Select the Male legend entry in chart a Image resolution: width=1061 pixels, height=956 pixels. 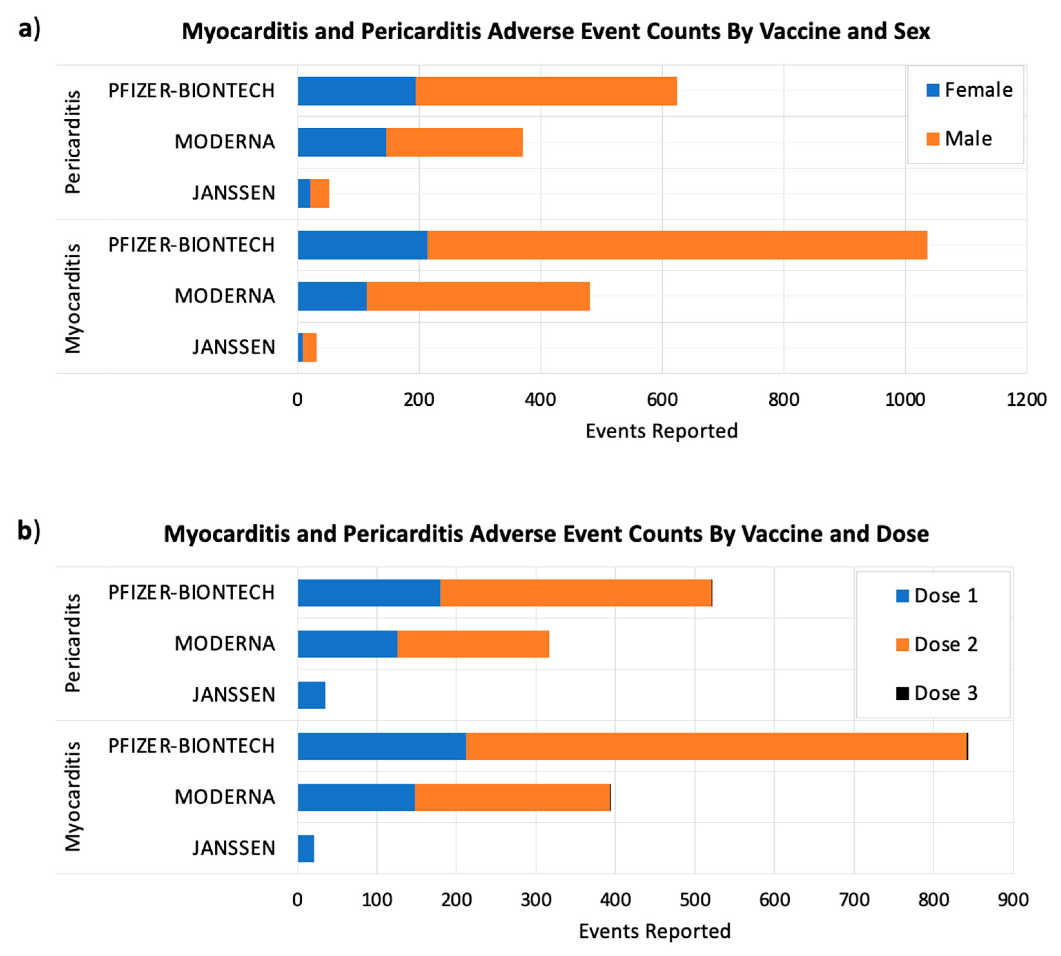(x=960, y=139)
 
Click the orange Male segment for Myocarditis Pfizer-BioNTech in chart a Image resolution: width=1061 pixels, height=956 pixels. (x=677, y=245)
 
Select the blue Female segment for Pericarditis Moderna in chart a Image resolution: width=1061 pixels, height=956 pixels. (x=342, y=142)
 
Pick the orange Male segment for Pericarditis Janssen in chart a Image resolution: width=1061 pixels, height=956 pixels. (x=320, y=193)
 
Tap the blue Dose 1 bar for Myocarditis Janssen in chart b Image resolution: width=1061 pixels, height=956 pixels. (x=306, y=848)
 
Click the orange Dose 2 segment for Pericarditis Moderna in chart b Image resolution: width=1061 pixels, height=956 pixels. (x=473, y=644)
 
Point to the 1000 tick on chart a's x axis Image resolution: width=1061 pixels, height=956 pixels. (x=904, y=400)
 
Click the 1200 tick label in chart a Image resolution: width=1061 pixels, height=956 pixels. (x=1026, y=400)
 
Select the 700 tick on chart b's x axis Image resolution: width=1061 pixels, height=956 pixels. (x=854, y=900)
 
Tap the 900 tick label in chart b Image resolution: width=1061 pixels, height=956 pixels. (x=1013, y=900)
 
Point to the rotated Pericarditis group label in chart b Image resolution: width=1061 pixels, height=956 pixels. (x=73, y=643)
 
